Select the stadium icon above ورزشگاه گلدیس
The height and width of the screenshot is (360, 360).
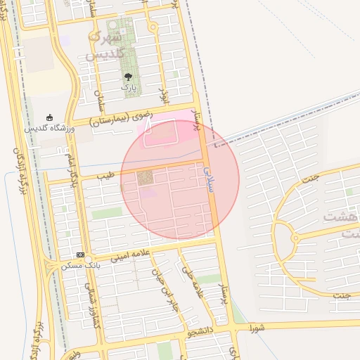pos(49,117)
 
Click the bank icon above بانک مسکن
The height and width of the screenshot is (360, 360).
pos(79,254)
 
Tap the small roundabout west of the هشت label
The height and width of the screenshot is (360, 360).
pos(295,238)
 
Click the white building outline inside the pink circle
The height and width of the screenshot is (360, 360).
pos(160,133)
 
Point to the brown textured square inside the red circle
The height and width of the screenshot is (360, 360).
pos(144,179)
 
